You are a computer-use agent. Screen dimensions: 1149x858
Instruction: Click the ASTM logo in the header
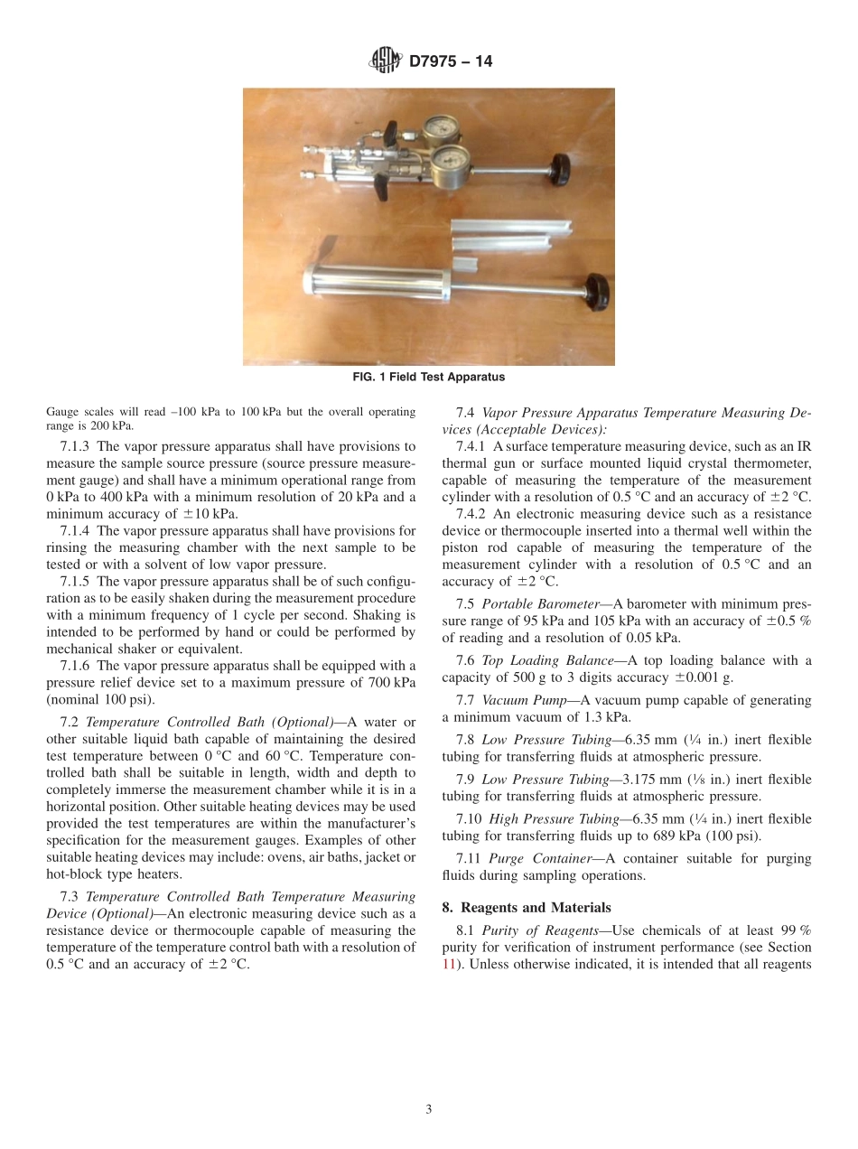386,61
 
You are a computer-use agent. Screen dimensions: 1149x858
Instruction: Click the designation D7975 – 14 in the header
450,62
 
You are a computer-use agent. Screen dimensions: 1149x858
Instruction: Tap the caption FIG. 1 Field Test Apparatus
428,378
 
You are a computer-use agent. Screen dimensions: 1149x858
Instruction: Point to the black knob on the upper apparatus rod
562,166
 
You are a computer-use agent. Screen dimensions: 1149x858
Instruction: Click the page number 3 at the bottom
429,1109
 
